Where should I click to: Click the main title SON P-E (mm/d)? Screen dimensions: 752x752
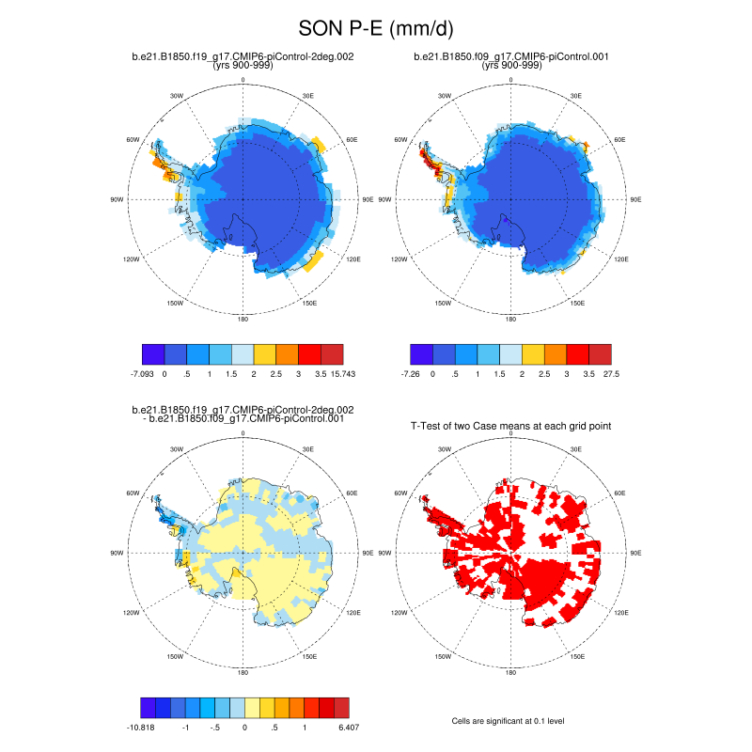(375, 29)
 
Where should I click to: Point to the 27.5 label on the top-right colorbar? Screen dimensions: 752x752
(612, 374)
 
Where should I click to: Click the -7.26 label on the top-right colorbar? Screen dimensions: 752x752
(410, 374)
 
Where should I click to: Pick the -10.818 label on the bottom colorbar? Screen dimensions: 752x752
(142, 727)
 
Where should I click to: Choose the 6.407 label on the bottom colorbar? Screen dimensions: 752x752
(348, 727)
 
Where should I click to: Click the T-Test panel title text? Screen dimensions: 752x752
(511, 426)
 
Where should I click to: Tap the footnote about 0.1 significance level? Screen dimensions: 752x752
(511, 721)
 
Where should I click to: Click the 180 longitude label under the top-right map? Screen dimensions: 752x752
(511, 320)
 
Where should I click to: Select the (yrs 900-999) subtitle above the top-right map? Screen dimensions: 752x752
(511, 66)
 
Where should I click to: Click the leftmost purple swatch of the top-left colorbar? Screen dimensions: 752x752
(152, 353)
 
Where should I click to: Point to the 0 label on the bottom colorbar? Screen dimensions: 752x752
(244, 727)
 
